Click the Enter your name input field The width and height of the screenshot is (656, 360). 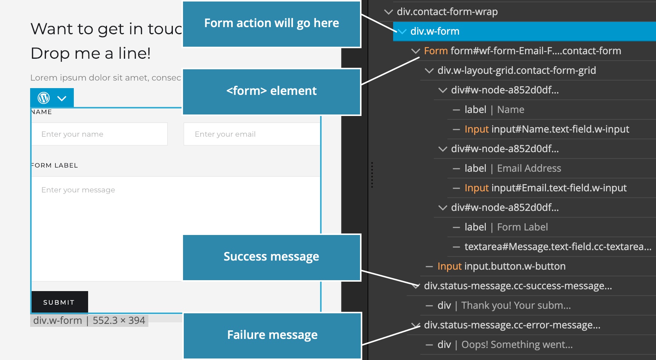(99, 134)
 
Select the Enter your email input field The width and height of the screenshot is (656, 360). (252, 134)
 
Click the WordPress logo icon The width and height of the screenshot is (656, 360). (44, 98)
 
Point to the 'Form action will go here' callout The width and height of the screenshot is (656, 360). (272, 24)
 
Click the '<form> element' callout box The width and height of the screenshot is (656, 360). (272, 92)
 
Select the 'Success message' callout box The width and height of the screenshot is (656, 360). (272, 258)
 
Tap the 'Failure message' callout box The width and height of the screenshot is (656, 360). (272, 336)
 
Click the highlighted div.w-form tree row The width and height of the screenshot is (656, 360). (525, 31)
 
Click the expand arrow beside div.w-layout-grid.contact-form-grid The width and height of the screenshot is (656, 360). (429, 70)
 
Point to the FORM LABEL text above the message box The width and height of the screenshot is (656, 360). (55, 165)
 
